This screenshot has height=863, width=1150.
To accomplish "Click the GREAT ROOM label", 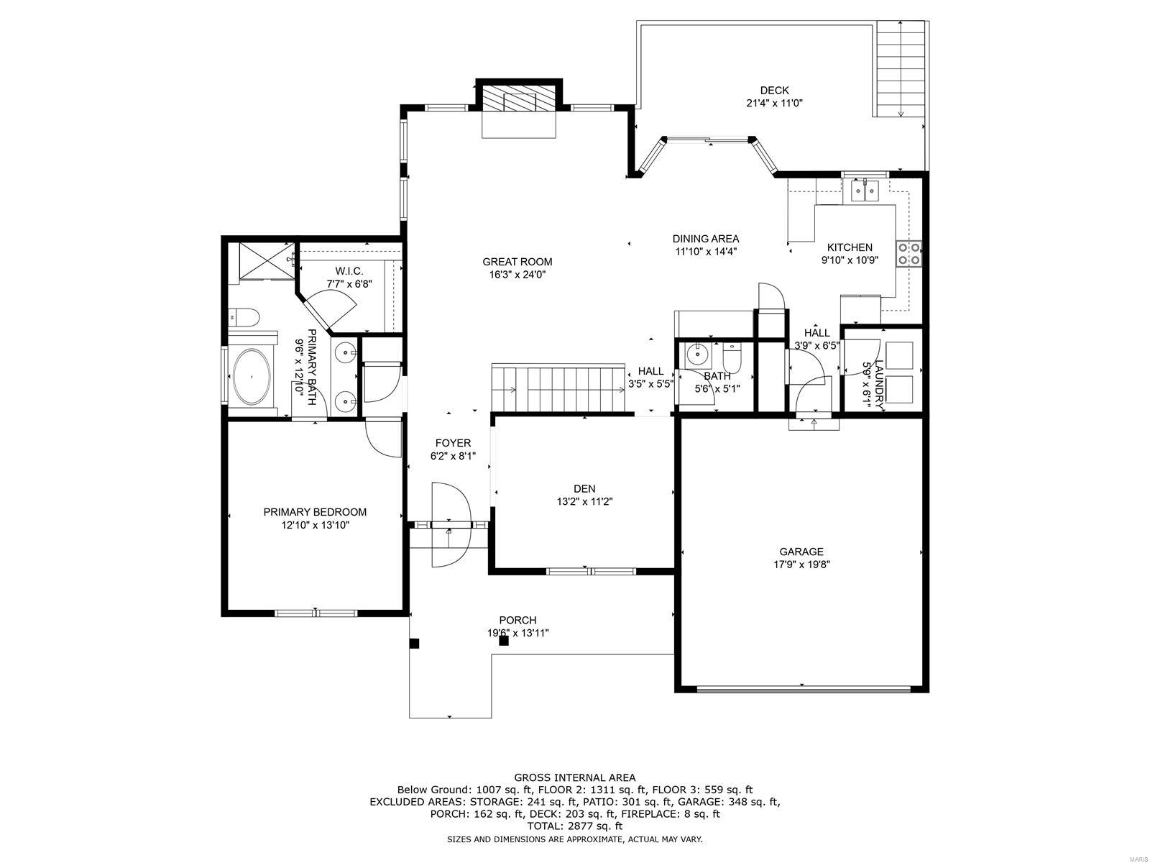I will coord(517,262).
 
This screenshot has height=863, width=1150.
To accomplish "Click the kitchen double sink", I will coord(865,191).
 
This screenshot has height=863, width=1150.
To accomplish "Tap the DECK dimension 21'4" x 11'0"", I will coord(774,103).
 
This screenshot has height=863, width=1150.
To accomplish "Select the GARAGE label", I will coord(801,552).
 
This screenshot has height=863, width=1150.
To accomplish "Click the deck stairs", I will coord(901,68).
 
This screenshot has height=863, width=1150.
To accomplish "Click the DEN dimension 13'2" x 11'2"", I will coord(584,502).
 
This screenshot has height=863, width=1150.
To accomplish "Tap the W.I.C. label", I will coord(349,271).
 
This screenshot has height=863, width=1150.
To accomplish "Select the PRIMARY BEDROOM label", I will coord(315,512).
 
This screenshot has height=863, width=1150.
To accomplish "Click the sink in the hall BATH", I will coord(696,354).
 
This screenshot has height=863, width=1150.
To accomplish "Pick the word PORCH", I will coord(517,620).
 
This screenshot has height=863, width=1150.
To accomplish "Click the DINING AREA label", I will coord(705,239).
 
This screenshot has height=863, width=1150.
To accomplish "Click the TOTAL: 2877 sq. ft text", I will coord(574,827).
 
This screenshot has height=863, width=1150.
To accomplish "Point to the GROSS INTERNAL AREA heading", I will coord(574,777).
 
